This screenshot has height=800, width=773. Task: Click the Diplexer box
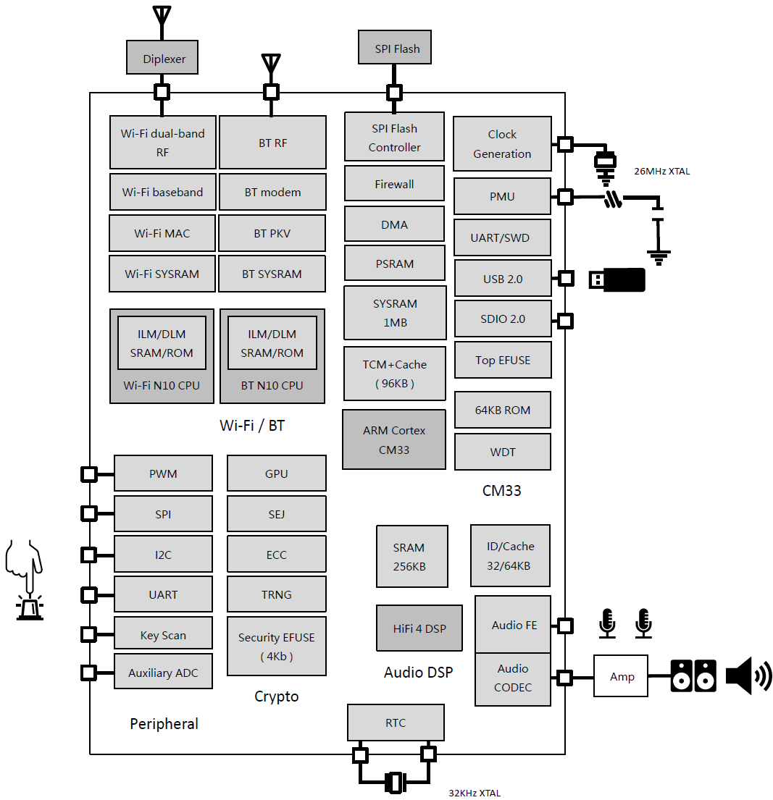[162, 58]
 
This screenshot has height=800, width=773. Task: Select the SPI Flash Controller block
[394, 138]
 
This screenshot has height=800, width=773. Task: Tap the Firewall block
[394, 184]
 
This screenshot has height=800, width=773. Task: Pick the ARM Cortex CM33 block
[393, 439]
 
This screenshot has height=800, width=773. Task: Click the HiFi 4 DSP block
[419, 628]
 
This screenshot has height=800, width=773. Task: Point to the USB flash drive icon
[617, 279]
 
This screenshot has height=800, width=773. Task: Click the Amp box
[621, 676]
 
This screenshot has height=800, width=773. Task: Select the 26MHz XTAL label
[661, 172]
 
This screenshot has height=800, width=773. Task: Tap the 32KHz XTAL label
[475, 793]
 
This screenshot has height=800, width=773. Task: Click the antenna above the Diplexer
[162, 22]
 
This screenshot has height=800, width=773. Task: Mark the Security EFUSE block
[276, 647]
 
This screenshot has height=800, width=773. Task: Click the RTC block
[396, 723]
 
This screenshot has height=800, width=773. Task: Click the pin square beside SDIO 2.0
[564, 321]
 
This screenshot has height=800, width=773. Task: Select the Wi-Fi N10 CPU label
[162, 386]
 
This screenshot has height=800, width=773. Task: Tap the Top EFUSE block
[503, 361]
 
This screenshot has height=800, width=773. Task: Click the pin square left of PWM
[89, 474]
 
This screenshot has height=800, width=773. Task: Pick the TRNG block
[276, 594]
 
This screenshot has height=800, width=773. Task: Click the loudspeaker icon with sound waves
[748, 676]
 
